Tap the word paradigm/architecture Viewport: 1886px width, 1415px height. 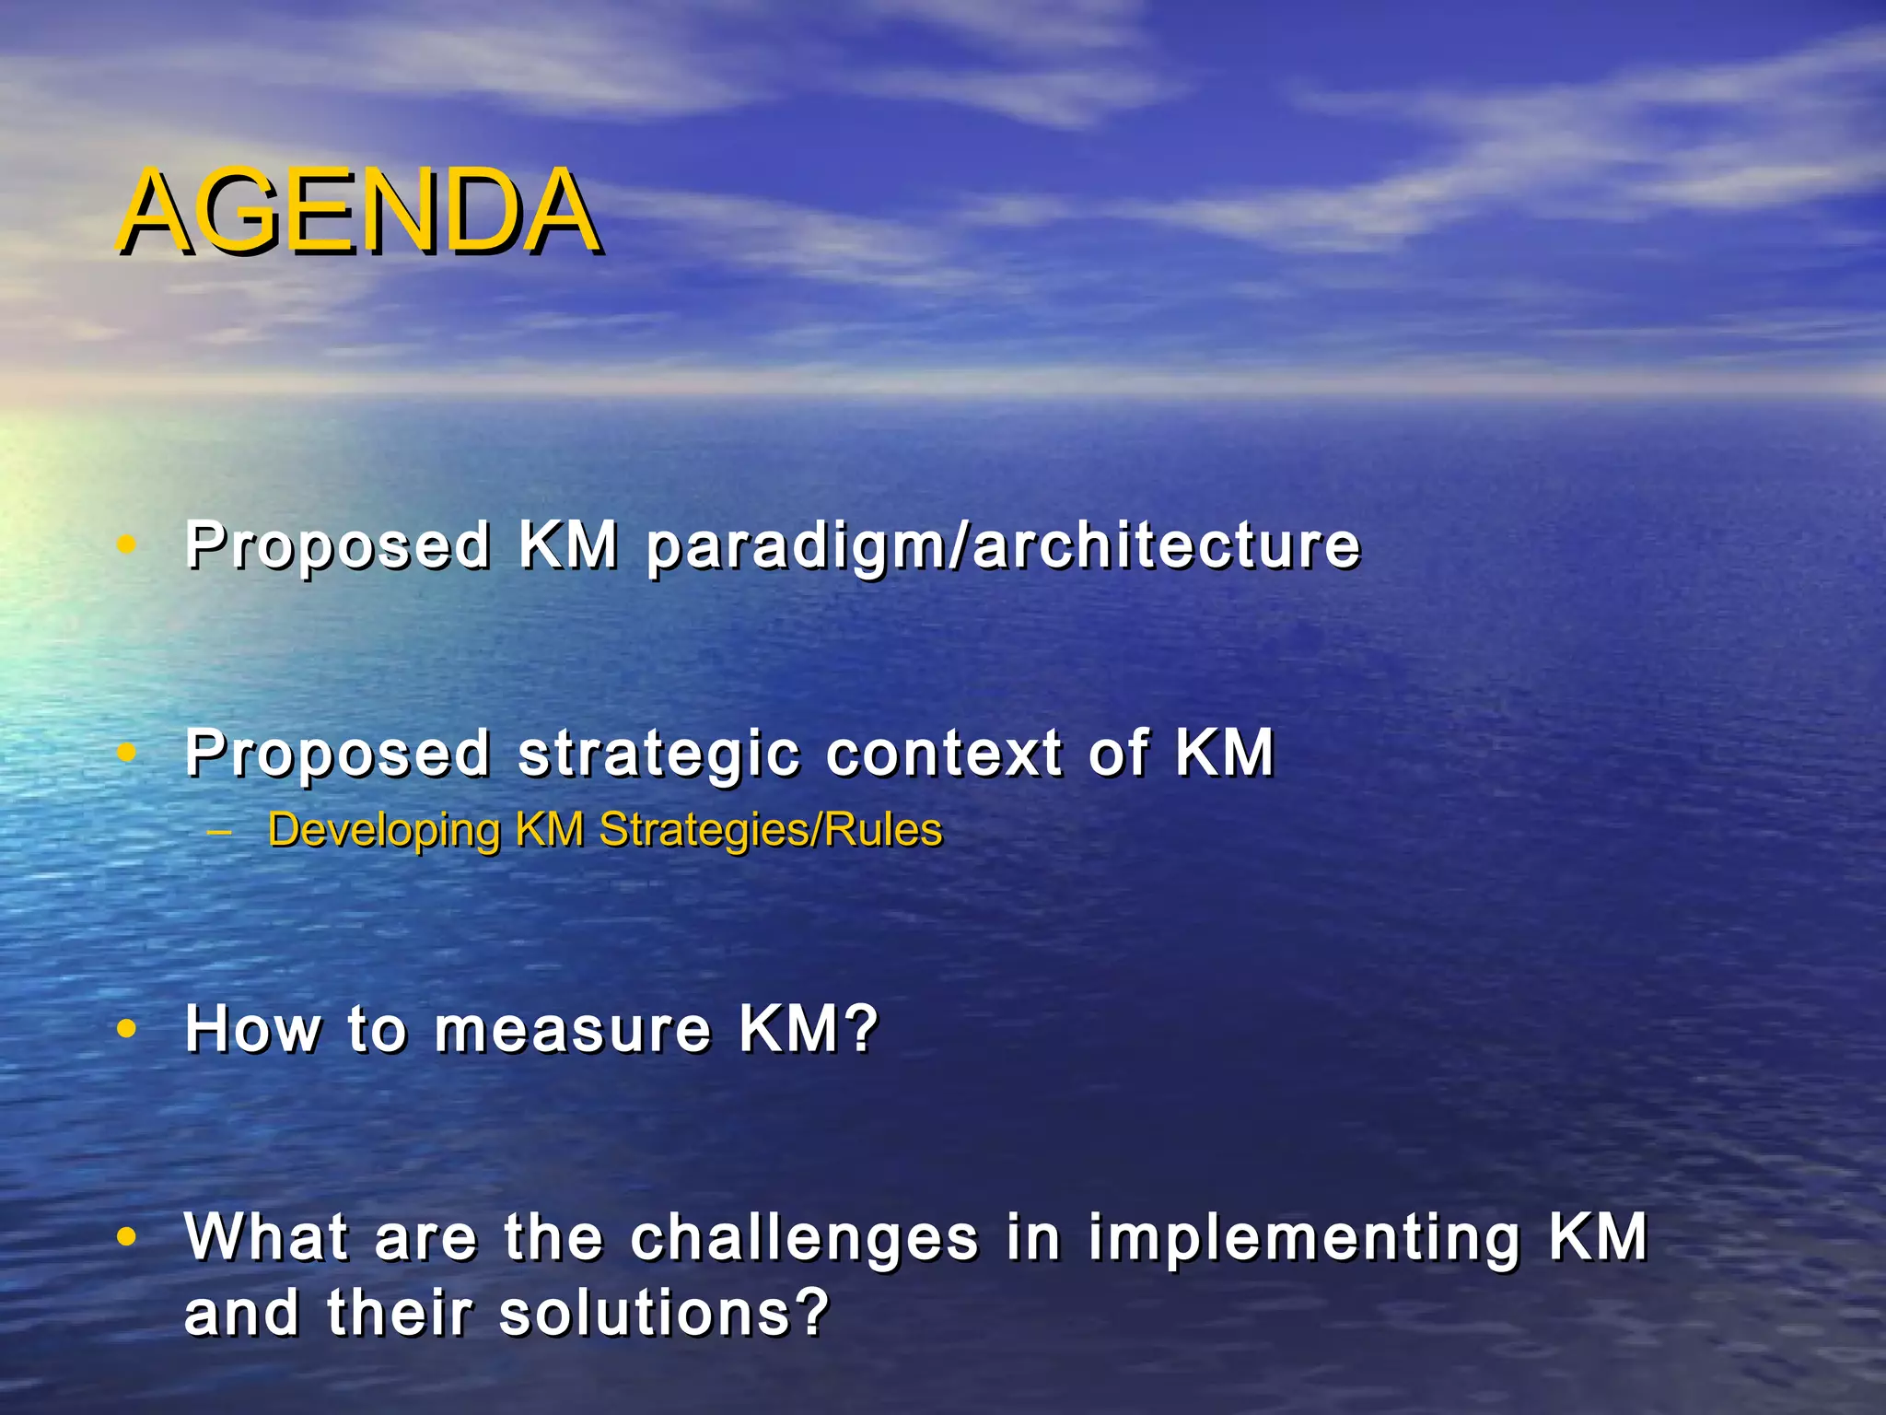pos(1002,545)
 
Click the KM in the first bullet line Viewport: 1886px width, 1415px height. pos(567,545)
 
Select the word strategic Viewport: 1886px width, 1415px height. pos(658,754)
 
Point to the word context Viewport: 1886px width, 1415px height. pos(944,754)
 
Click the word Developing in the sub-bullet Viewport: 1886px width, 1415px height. pos(383,830)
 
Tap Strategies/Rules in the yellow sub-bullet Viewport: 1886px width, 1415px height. pos(771,830)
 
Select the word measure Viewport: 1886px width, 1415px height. pos(572,1029)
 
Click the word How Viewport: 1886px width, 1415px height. pos(252,1029)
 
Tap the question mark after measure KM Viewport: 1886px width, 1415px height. pos(863,1029)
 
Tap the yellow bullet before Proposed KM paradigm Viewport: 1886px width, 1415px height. pos(127,545)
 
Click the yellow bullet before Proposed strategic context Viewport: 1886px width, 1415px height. pos(127,754)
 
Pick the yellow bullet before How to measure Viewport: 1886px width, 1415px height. pos(127,1029)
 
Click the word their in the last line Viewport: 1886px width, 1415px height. pos(399,1313)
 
